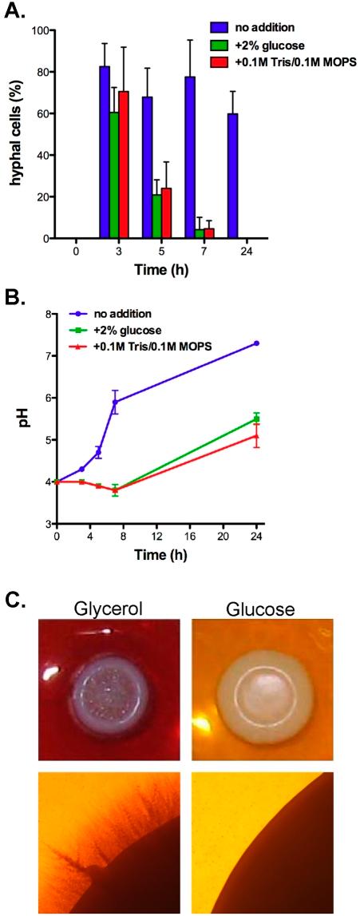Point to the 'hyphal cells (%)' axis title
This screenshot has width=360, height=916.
pos(15,134)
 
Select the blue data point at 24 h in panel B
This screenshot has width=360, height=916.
pos(256,343)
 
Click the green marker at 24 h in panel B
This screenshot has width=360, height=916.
pos(256,418)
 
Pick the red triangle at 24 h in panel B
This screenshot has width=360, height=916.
pos(256,436)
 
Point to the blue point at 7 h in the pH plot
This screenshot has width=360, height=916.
pos(115,402)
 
